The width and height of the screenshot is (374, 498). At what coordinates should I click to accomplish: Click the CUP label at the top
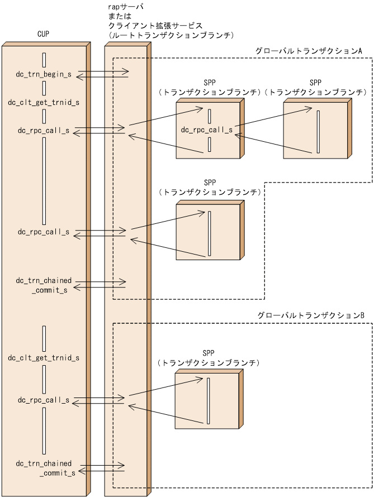click(42, 35)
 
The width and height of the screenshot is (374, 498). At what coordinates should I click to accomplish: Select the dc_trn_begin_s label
click(44, 74)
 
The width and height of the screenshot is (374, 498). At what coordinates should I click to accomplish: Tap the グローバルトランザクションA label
click(309, 51)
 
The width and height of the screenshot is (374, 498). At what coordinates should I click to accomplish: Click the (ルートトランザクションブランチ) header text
click(169, 35)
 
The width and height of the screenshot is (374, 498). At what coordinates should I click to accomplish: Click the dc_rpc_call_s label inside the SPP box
click(207, 130)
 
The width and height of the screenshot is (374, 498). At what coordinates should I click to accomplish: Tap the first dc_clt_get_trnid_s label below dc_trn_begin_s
click(44, 102)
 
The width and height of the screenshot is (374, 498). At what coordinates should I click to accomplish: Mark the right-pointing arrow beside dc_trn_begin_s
click(102, 71)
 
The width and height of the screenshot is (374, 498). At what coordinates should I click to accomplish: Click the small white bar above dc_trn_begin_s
click(44, 60)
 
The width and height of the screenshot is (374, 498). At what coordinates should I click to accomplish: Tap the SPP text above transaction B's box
click(208, 353)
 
